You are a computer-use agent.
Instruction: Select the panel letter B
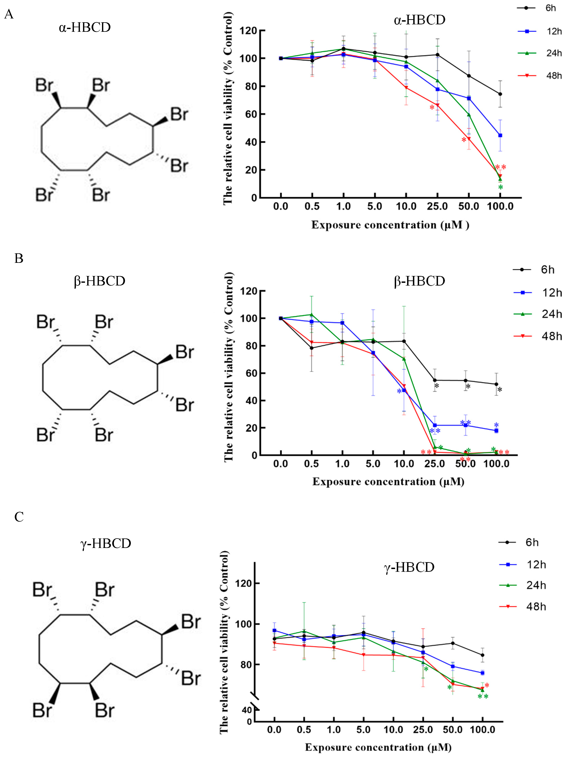19,258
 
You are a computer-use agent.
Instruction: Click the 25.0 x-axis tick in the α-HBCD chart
437,206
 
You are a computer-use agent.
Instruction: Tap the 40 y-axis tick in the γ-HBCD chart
247,710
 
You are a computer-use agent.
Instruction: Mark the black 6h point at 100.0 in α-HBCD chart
500,94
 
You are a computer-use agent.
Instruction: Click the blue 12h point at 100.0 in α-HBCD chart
500,135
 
